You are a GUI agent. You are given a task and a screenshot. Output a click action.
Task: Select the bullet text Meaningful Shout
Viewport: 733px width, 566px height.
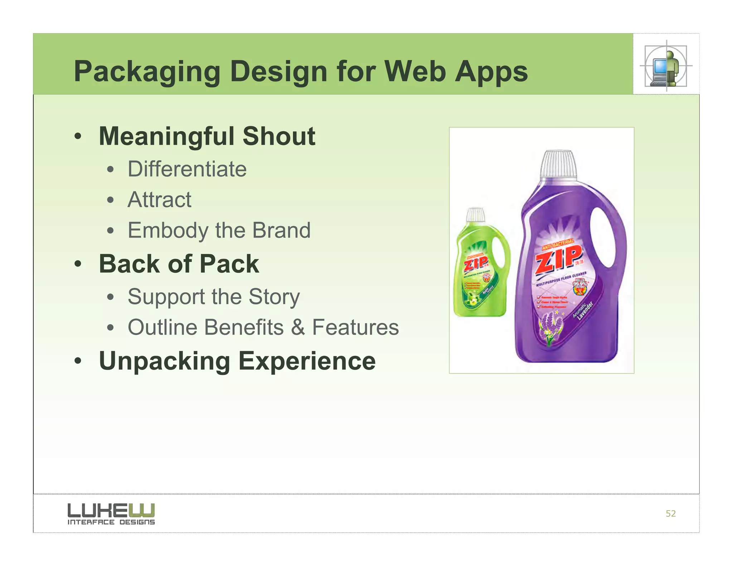207,136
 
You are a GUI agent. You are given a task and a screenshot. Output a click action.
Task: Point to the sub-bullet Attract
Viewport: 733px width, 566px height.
159,200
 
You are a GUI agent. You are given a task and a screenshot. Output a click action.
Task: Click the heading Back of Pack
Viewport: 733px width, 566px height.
179,264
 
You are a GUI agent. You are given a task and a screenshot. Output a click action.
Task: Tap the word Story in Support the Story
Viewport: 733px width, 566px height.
274,297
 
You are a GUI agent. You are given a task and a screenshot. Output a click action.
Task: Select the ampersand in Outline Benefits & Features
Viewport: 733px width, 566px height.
298,327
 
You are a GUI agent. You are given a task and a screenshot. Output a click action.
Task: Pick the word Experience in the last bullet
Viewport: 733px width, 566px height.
307,361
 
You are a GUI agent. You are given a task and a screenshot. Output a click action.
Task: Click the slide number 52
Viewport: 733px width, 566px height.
670,514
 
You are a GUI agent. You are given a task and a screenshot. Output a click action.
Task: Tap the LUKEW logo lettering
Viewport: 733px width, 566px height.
111,509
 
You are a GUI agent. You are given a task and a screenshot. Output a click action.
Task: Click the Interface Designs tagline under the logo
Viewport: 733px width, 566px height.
111,522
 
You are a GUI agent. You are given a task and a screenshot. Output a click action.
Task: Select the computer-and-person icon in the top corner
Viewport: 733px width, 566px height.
666,66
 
